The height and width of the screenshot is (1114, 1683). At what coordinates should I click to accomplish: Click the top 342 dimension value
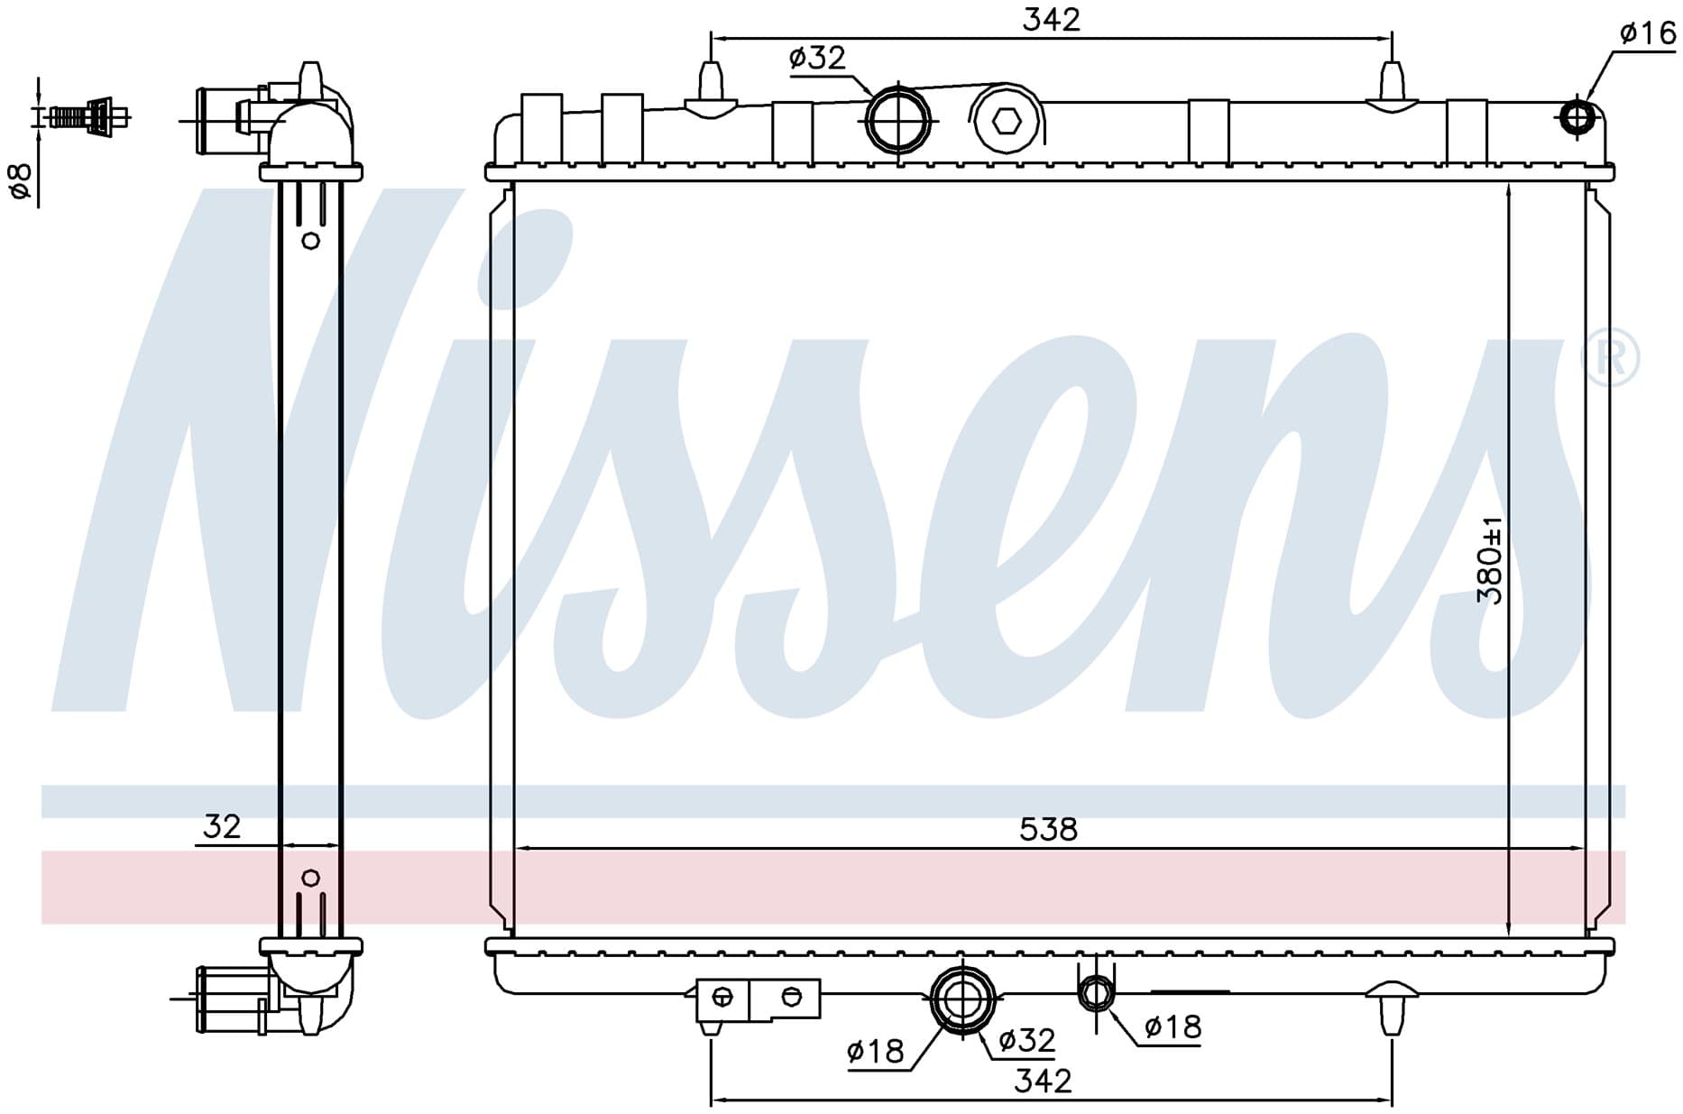tap(1051, 20)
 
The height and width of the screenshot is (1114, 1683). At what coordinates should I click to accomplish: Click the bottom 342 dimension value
tap(1043, 1080)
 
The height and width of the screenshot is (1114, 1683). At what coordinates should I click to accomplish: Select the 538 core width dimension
tap(1048, 829)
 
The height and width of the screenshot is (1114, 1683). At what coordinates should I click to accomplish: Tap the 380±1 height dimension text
tap(1490, 560)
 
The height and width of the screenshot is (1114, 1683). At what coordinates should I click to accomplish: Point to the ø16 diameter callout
tap(1648, 33)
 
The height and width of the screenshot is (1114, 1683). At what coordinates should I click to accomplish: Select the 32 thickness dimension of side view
tap(222, 826)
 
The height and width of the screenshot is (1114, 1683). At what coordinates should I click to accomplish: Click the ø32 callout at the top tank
tap(817, 59)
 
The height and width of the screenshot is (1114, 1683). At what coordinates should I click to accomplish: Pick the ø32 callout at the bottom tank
tap(1026, 1041)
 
